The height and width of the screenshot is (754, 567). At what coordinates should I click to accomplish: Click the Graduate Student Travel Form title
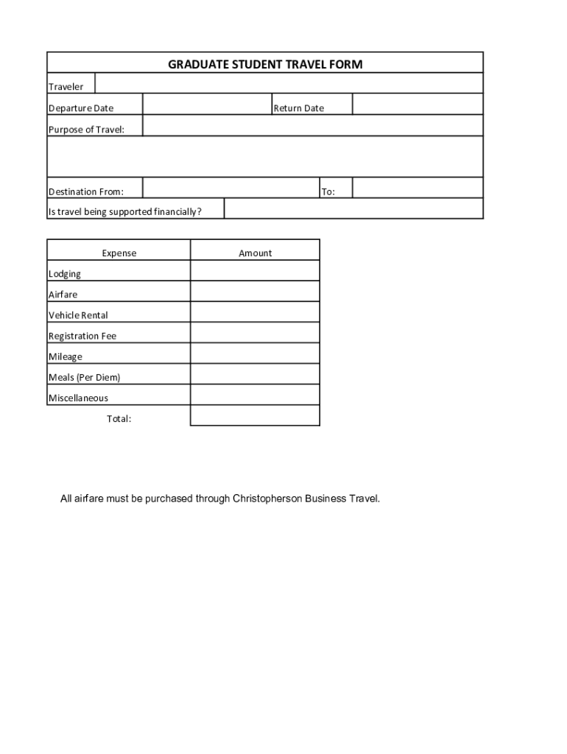point(265,65)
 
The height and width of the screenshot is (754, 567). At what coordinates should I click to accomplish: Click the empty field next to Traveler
point(289,84)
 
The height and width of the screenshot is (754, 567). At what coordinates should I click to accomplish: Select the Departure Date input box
point(207,105)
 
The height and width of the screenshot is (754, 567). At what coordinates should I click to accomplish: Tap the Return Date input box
point(418,105)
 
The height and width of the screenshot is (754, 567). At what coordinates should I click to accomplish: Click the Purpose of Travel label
point(86,130)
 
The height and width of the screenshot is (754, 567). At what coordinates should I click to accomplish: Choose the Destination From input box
point(230,188)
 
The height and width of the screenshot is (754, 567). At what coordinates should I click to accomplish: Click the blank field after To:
point(418,188)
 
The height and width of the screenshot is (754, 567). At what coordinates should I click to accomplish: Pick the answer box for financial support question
point(353,209)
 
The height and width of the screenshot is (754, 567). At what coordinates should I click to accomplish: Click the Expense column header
point(119,253)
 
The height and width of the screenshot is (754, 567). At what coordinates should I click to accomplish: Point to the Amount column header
point(255,253)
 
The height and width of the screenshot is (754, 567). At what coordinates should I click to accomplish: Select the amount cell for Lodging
point(255,271)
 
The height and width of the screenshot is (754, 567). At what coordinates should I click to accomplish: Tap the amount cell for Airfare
point(255,292)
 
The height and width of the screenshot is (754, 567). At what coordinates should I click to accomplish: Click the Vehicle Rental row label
point(78,315)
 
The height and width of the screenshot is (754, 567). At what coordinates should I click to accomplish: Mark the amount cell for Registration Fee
point(255,333)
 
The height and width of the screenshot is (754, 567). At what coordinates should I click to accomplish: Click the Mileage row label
point(66,356)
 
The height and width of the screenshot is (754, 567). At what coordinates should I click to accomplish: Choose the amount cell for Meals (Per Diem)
point(255,374)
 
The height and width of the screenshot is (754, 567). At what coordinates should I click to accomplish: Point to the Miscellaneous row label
point(78,398)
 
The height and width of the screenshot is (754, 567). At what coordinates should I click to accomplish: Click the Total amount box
point(255,415)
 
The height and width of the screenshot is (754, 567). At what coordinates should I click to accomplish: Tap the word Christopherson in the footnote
point(268,498)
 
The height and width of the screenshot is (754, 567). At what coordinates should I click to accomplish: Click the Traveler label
point(66,87)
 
